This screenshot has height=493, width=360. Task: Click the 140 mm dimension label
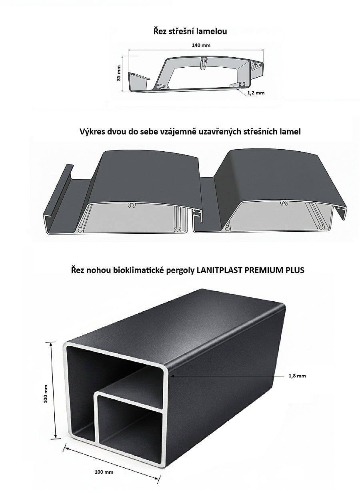click(x=201, y=45)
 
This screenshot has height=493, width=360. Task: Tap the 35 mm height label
click(x=119, y=73)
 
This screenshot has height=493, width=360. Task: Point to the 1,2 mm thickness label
click(x=256, y=93)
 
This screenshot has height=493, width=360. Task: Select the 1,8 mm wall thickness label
click(x=297, y=376)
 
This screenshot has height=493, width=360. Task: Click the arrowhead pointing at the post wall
click(x=172, y=376)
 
